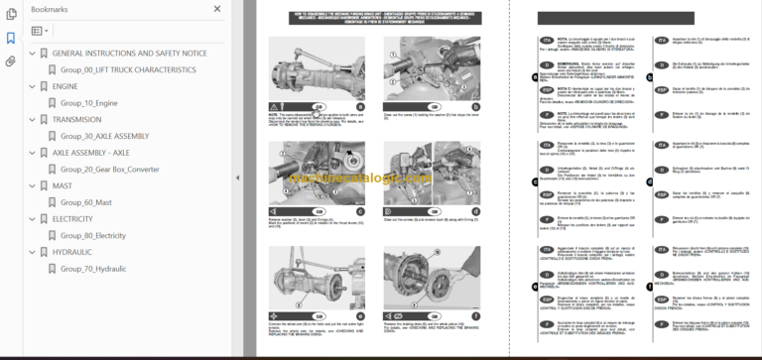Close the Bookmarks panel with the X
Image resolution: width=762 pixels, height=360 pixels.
[217, 9]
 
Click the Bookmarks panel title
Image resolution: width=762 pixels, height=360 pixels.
[51, 9]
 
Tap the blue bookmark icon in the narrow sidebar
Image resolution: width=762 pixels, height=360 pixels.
[11, 38]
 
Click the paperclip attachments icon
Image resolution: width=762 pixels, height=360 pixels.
[11, 60]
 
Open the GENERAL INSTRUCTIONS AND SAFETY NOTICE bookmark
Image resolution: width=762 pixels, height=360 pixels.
[129, 53]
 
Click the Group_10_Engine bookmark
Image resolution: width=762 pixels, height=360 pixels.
[88, 102]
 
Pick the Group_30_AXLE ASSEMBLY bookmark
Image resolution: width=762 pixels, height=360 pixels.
[104, 136]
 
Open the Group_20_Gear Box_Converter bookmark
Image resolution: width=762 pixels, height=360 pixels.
[109, 170]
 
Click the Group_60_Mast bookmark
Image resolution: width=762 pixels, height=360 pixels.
[85, 202]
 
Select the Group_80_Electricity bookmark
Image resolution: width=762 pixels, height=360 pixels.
[93, 236]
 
